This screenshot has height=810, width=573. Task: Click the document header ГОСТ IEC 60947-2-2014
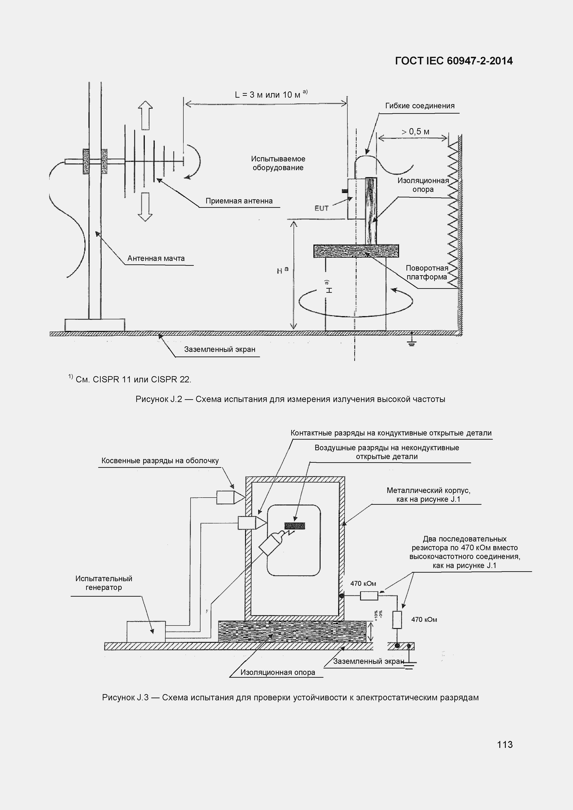click(x=454, y=61)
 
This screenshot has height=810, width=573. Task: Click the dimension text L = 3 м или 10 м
click(x=268, y=94)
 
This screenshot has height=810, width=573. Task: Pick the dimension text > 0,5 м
click(x=415, y=132)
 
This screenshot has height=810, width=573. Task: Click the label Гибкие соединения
click(x=420, y=106)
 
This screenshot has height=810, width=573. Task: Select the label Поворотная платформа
click(x=427, y=272)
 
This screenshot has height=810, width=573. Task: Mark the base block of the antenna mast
click(x=94, y=325)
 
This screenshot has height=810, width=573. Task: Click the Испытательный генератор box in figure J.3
click(x=146, y=632)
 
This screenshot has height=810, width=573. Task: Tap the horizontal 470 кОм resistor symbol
click(x=369, y=596)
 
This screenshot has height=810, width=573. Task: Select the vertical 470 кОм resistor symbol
click(x=397, y=620)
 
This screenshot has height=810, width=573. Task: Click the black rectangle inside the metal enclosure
click(x=295, y=526)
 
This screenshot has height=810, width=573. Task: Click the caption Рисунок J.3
click(x=290, y=698)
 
